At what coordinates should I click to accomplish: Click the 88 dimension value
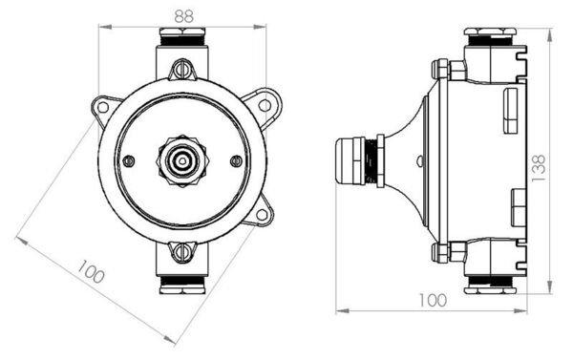[x=184, y=15]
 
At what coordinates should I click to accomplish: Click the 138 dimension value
[x=539, y=169]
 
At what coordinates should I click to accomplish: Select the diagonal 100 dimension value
[x=91, y=271]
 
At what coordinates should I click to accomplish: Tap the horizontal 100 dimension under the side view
[x=433, y=300]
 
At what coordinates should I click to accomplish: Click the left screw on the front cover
[x=128, y=160]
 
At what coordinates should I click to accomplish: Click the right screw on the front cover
[x=237, y=160]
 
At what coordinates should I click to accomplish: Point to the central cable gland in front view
[x=182, y=160]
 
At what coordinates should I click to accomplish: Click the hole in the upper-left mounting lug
[x=103, y=107]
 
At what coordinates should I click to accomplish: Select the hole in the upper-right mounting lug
[x=264, y=105]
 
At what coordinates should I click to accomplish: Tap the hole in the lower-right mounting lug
[x=262, y=215]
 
